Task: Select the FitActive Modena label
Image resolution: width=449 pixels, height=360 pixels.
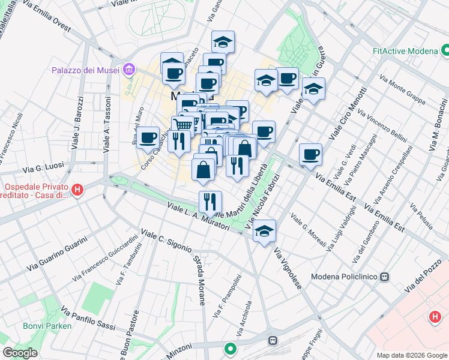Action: [x=405, y=51]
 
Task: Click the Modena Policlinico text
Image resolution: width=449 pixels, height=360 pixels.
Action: [x=345, y=277]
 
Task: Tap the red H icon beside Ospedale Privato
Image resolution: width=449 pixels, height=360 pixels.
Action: [x=77, y=191]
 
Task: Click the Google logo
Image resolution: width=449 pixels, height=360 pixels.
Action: [x=20, y=353]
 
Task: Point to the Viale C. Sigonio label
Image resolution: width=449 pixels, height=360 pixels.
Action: [x=166, y=240]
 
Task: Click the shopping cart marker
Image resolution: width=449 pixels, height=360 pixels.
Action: [x=183, y=125]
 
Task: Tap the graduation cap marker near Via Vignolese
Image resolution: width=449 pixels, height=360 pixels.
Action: [x=264, y=231]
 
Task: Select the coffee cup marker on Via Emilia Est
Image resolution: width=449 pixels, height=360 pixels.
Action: [x=310, y=154]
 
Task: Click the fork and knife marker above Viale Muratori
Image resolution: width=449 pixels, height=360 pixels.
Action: [x=210, y=201]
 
